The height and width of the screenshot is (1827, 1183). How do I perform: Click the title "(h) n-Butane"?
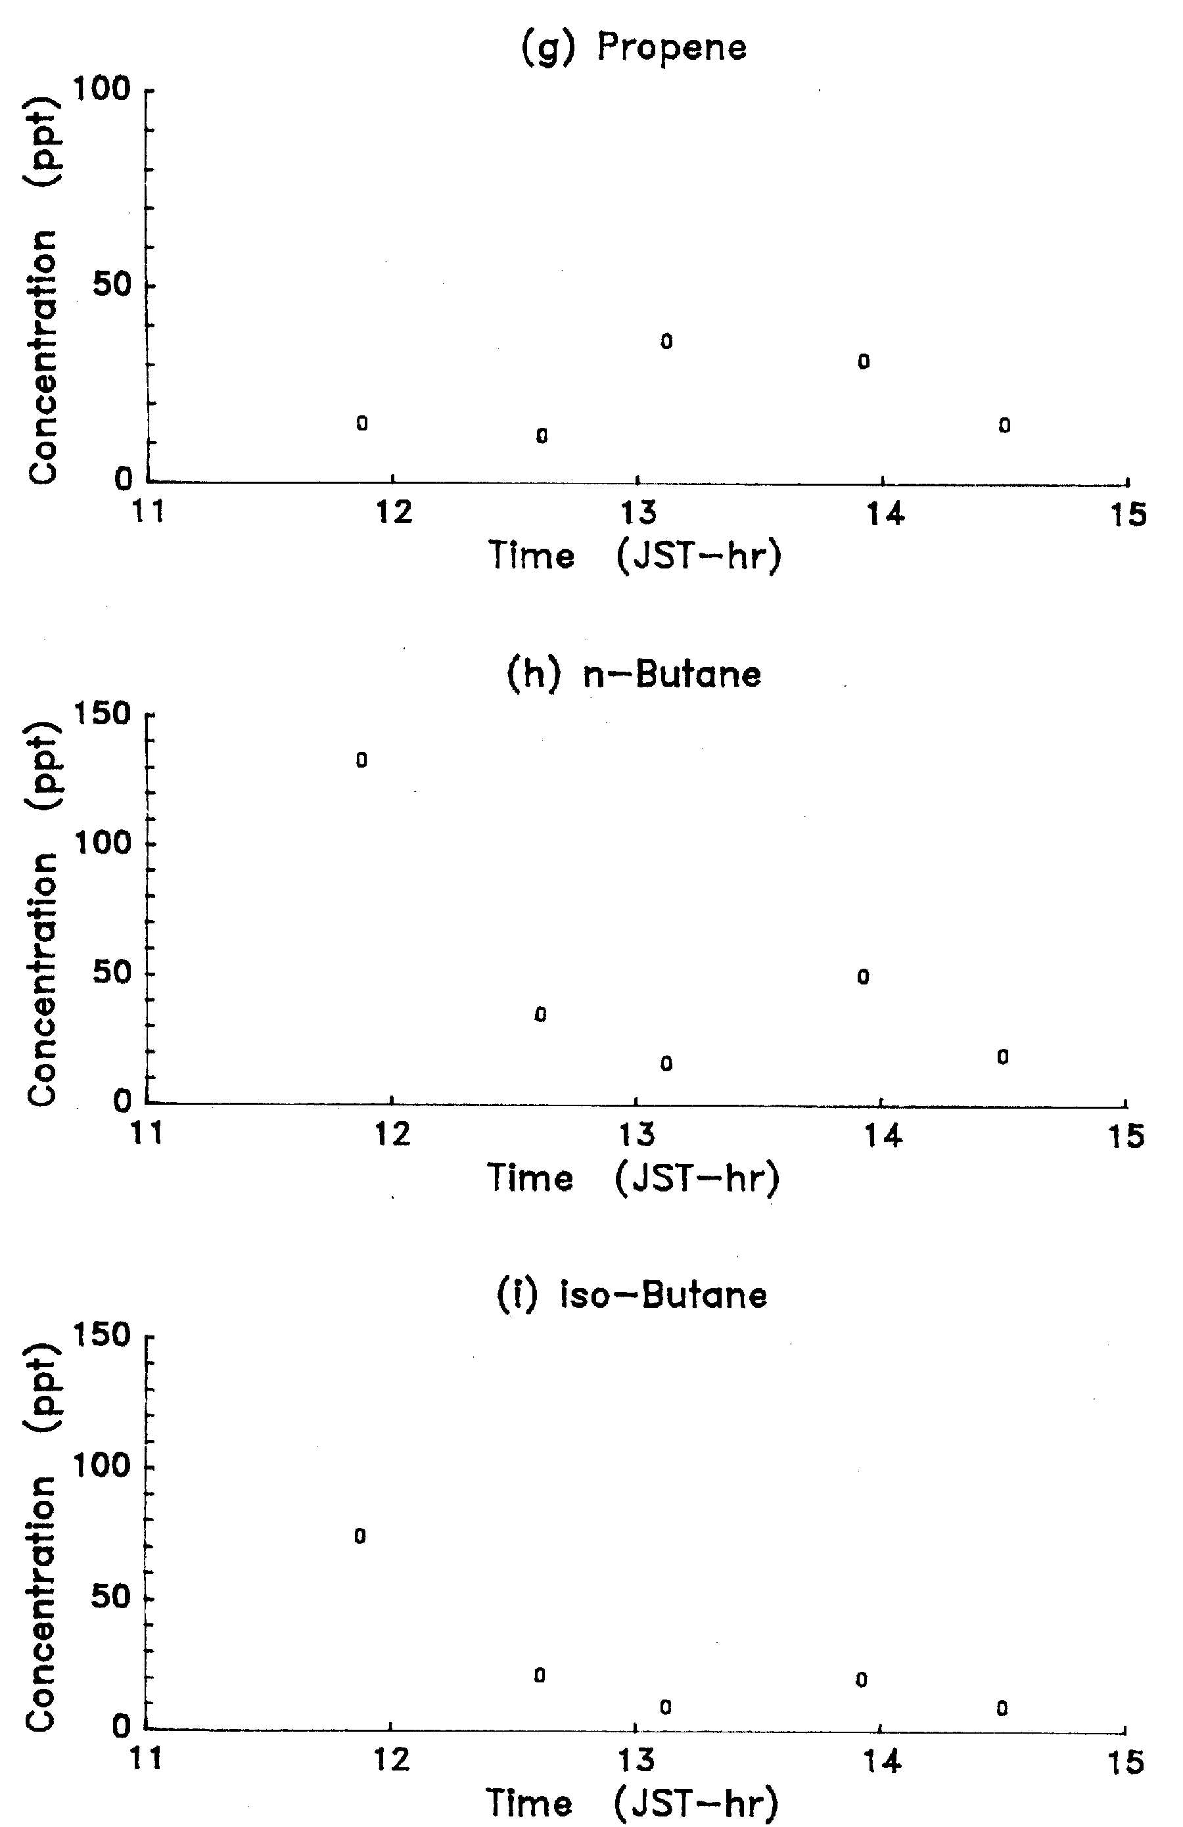[634, 675]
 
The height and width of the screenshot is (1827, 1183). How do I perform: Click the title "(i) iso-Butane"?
[632, 1295]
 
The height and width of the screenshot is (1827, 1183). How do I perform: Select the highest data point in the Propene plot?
[666, 342]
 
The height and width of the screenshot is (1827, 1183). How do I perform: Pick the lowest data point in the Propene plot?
[542, 436]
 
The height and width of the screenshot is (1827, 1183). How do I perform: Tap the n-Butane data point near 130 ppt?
[361, 760]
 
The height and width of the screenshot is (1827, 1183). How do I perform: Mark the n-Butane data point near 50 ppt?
[864, 977]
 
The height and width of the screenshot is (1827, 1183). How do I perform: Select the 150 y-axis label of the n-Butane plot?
[102, 714]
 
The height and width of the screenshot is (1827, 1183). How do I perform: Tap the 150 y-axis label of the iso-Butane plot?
[102, 1335]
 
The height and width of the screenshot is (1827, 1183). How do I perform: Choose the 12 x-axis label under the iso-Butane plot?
[392, 1759]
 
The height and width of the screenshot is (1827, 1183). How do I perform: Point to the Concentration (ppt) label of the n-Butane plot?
[42, 913]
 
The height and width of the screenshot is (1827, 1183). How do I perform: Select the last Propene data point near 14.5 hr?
[1004, 425]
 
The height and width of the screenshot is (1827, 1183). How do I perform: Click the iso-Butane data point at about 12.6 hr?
[540, 1675]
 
